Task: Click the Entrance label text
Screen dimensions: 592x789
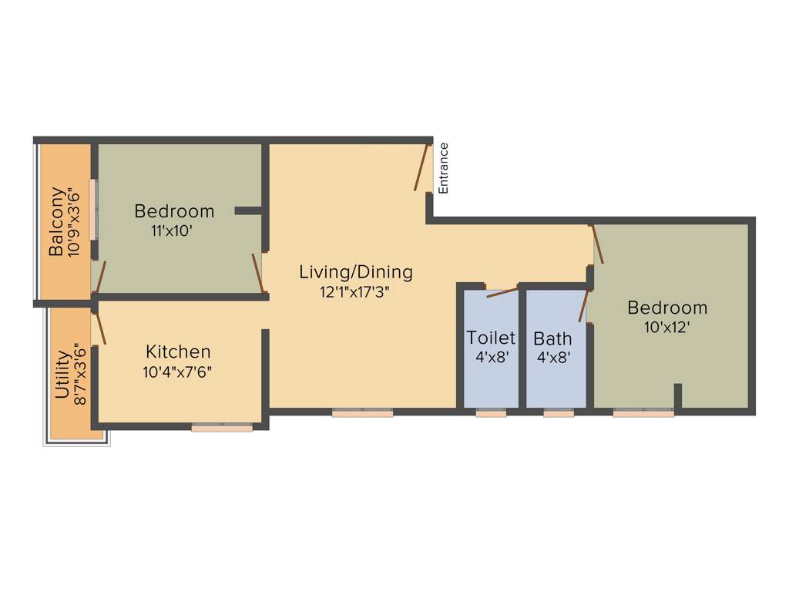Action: [443, 168]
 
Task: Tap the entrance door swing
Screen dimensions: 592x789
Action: [421, 167]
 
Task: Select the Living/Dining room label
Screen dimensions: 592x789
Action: [356, 272]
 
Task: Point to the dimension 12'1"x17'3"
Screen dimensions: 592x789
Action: [356, 292]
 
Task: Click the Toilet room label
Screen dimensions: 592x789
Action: [491, 338]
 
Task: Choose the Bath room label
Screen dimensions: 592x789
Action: [552, 338]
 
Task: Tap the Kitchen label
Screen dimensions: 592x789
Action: [178, 351]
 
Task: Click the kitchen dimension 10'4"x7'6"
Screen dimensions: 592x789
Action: [178, 372]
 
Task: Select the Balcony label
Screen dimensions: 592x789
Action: [56, 221]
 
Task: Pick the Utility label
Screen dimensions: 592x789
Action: [62, 375]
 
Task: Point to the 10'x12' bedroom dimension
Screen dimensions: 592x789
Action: [667, 327]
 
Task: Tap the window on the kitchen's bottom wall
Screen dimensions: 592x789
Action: [222, 426]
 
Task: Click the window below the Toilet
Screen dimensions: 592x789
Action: [491, 413]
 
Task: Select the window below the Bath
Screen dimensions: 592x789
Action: [559, 413]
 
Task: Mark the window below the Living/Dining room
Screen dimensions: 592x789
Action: [363, 413]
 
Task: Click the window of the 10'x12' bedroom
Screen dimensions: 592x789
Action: [643, 413]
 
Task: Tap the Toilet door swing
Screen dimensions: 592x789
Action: [502, 292]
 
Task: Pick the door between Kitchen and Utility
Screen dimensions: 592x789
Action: [99, 328]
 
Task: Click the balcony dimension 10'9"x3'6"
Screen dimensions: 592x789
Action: [75, 221]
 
